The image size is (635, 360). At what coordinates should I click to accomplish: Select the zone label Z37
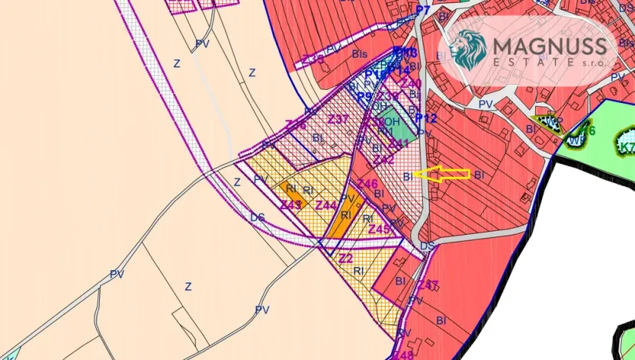pyautogui.click(x=338, y=119)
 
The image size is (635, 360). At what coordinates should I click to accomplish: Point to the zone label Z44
pyautogui.click(x=327, y=205)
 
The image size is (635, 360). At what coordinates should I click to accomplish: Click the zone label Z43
pyautogui.click(x=291, y=205)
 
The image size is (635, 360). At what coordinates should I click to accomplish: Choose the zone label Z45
pyautogui.click(x=379, y=229)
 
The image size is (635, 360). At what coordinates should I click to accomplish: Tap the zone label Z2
pyautogui.click(x=346, y=258)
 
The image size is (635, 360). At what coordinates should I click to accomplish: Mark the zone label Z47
pyautogui.click(x=428, y=285)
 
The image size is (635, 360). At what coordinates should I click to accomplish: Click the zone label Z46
pyautogui.click(x=367, y=184)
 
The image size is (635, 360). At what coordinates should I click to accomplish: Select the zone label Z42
pyautogui.click(x=384, y=159)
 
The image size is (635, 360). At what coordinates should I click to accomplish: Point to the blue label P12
pyautogui.click(x=426, y=118)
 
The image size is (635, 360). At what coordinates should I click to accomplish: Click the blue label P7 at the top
pyautogui.click(x=423, y=10)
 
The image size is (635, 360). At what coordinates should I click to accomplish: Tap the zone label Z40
pyautogui.click(x=411, y=83)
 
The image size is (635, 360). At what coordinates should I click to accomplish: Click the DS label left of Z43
pyautogui.click(x=257, y=218)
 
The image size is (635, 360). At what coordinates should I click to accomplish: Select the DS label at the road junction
pyautogui.click(x=427, y=245)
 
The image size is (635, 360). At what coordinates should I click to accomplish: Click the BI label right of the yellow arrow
pyautogui.click(x=479, y=175)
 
